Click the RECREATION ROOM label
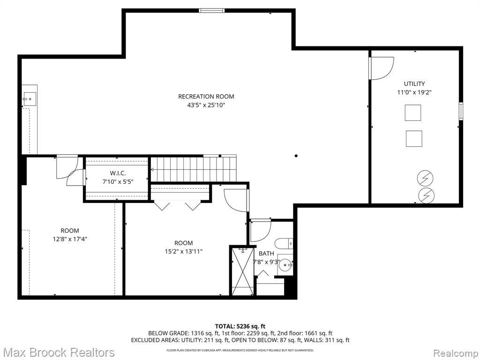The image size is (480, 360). coord(206,97)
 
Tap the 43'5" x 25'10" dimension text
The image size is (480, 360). coord(206,105)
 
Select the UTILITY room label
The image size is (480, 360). coord(414,83)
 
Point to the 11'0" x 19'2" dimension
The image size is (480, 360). coord(414,92)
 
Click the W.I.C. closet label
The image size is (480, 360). coord(118,173)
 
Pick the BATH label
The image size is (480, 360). coord(266,254)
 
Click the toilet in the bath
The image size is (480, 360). coord(284,244)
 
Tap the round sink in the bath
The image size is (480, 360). coord(285,263)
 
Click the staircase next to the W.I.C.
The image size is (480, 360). coord(193,169)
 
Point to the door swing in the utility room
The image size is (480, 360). coord(382,68)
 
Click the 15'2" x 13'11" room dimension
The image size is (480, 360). coord(184,252)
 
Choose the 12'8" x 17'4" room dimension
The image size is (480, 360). coord(70,239)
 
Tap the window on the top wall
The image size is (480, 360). coord(211,11)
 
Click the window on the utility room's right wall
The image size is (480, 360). coord(461,111)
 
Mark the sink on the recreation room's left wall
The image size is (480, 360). coord(29,99)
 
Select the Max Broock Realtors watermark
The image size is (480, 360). coord(59,352)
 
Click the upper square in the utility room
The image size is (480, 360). coord(412,112)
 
